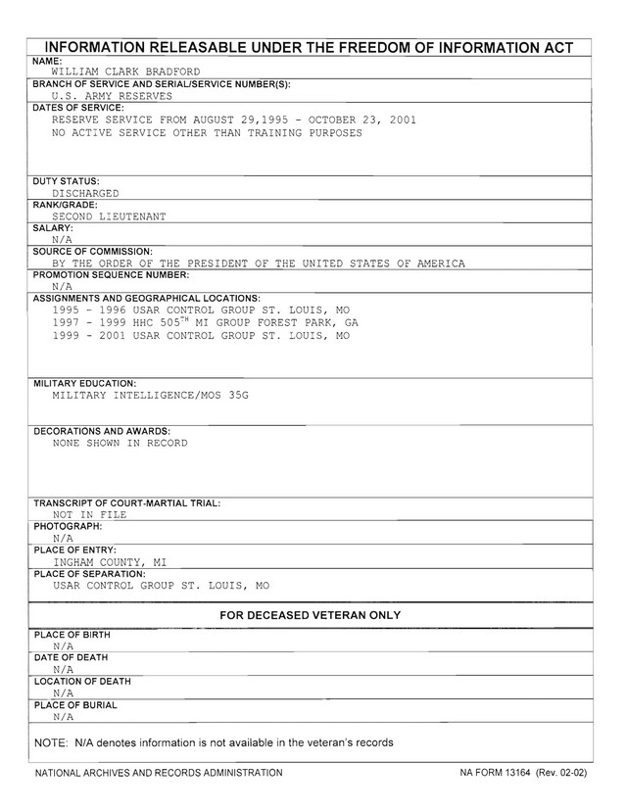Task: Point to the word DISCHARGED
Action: pyautogui.click(x=85, y=193)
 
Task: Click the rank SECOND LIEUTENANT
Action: pyautogui.click(x=109, y=216)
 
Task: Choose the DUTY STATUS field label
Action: pyautogui.click(x=66, y=182)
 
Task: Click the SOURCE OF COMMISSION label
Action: pyautogui.click(x=93, y=252)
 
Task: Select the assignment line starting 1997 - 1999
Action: pyautogui.click(x=205, y=321)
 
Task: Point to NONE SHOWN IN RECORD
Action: pyautogui.click(x=120, y=443)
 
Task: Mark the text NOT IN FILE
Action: pyautogui.click(x=89, y=513)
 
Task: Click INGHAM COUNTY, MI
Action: pyautogui.click(x=109, y=562)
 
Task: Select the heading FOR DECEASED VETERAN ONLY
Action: pyautogui.click(x=311, y=615)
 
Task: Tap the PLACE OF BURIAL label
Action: pyautogui.click(x=75, y=705)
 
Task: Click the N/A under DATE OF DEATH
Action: pyautogui.click(x=64, y=669)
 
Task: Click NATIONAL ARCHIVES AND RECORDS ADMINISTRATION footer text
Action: pyautogui.click(x=158, y=773)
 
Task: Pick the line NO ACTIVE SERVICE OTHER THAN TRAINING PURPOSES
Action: pyautogui.click(x=207, y=132)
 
